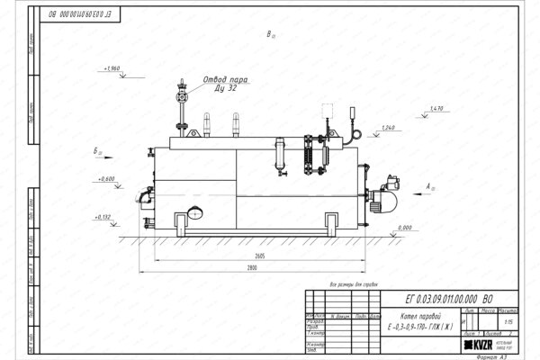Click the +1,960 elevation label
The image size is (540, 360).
pyautogui.click(x=112, y=68)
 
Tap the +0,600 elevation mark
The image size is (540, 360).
pyautogui.click(x=106, y=178)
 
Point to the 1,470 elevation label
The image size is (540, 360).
pyautogui.click(x=437, y=109)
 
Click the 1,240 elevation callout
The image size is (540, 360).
pyautogui.click(x=387, y=127)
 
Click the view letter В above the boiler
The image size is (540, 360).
pyautogui.click(x=270, y=36)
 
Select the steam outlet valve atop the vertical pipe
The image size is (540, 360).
pyautogui.click(x=183, y=91)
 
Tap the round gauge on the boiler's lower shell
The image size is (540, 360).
pyautogui.click(x=194, y=214)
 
